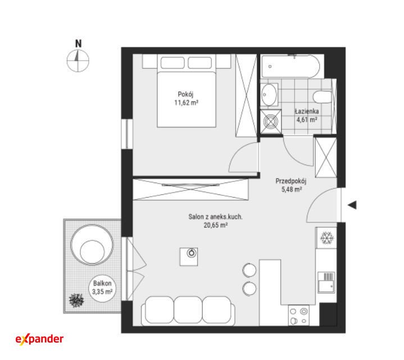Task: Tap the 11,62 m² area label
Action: coord(186,103)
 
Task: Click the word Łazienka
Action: coord(307,111)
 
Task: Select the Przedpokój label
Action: coord(291,181)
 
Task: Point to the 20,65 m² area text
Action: coord(215,225)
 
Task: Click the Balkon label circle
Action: coord(102,288)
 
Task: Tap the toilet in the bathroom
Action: coord(323,97)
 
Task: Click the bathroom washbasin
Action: coord(269,94)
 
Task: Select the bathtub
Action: coord(290,66)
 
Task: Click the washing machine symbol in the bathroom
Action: coord(270,121)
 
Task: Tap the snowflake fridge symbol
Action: coord(327,238)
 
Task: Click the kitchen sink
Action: coord(326,282)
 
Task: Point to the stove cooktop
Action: coord(298,316)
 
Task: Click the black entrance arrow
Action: coord(352,205)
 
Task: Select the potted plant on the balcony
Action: coord(76,300)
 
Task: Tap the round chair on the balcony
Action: coord(92,245)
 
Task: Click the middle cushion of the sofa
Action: coord(188,310)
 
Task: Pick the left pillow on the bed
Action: coord(173,62)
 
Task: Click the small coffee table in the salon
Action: coord(189,257)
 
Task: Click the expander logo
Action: coord(39,339)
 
